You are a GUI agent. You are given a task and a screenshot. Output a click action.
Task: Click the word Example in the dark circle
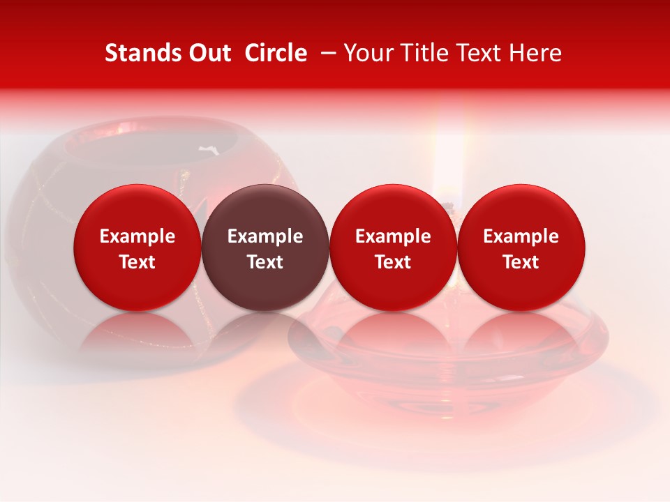[x=265, y=236]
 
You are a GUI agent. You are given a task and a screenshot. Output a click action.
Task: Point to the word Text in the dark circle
[x=265, y=262]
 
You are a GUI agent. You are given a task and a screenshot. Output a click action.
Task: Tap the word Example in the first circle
[x=137, y=236]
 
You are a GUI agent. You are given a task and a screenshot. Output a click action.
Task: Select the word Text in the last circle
[x=521, y=262]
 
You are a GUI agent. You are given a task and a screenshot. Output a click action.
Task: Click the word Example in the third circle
[x=393, y=236]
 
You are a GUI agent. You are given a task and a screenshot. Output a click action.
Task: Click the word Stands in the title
[x=142, y=53]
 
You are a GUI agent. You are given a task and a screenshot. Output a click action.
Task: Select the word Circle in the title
[x=276, y=53]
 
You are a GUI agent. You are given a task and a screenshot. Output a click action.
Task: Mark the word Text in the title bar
[x=480, y=53]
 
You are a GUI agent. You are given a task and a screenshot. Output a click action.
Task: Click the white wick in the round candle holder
[x=207, y=149]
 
